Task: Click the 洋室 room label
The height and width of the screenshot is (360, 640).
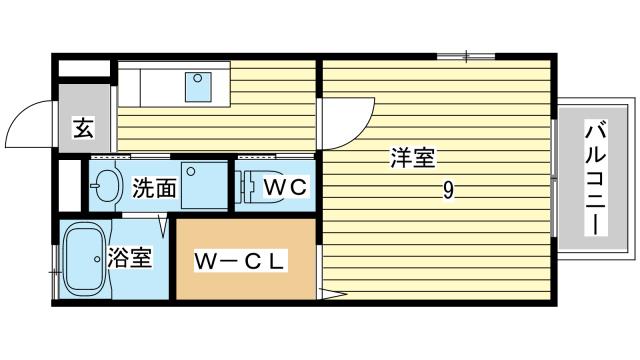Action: [x=412, y=158]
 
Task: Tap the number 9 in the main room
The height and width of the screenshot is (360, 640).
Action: [x=451, y=192]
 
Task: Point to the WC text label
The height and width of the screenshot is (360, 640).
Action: [x=285, y=186]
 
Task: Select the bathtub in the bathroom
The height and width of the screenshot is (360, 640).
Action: [x=83, y=261]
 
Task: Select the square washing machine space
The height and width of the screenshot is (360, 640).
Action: [x=205, y=181]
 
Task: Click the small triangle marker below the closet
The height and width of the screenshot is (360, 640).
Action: [x=332, y=293]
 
